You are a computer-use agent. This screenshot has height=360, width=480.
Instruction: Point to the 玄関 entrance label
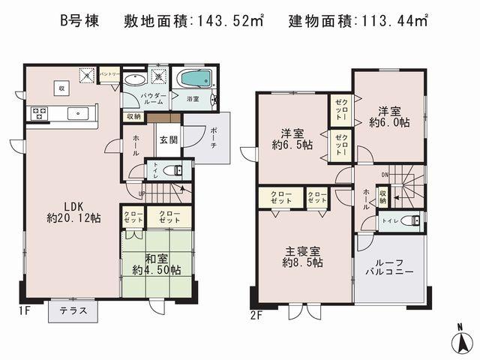tap(166, 138)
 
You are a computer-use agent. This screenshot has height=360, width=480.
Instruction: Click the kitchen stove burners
tap(39, 113)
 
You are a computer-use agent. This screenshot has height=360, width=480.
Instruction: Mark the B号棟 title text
tap(79, 21)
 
